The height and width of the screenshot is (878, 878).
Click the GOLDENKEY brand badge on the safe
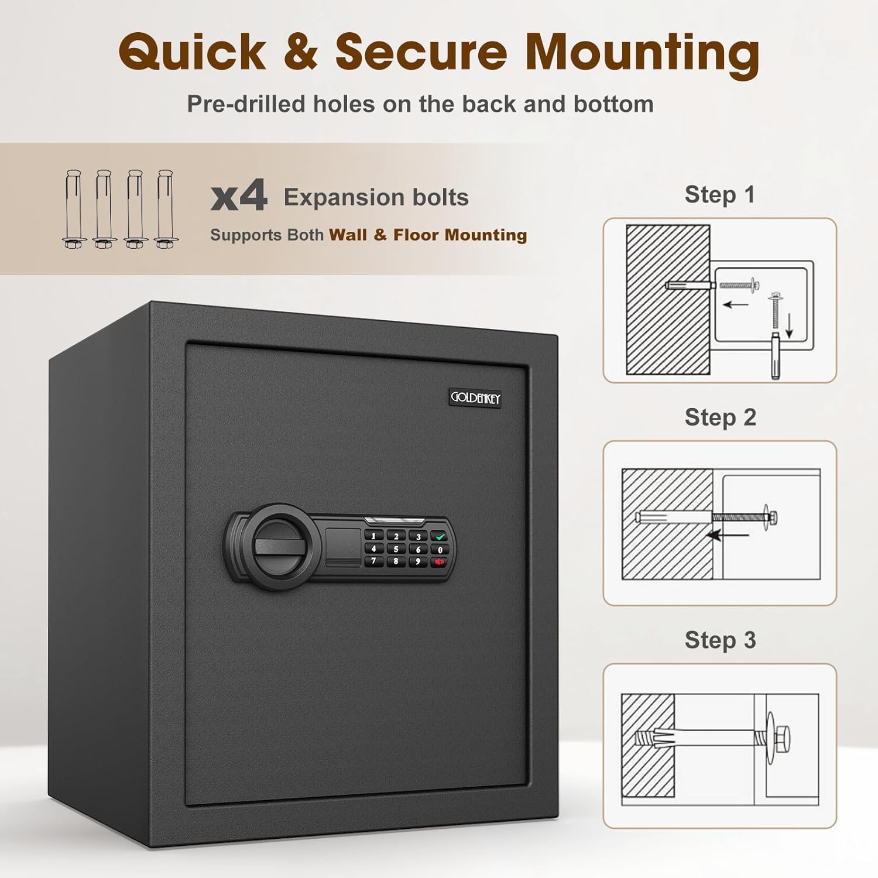click(x=475, y=398)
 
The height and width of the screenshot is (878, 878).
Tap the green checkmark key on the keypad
click(x=440, y=536)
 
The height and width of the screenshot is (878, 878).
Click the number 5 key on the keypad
click(x=396, y=550)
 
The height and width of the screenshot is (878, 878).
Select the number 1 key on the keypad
click(x=373, y=536)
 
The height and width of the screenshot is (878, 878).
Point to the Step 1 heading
click(x=720, y=195)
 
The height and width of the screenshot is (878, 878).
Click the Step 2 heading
click(x=721, y=417)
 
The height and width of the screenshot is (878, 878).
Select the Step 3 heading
click(x=721, y=640)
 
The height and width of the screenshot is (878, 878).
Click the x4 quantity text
click(x=239, y=196)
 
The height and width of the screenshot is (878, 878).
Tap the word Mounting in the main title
click(x=642, y=53)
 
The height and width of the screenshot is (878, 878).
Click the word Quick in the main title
click(x=193, y=52)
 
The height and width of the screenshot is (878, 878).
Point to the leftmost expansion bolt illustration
click(x=73, y=209)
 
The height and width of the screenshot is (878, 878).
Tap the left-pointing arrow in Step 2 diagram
click(x=728, y=534)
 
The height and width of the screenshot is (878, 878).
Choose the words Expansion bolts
click(x=376, y=197)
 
